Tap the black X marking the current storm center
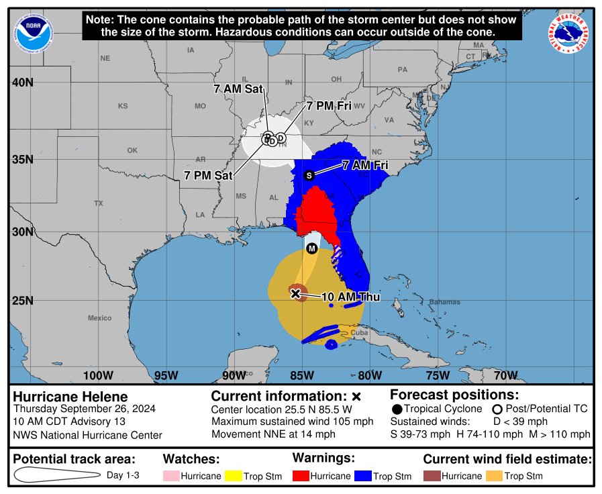(295, 293)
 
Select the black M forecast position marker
(311, 249)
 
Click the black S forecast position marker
(309, 175)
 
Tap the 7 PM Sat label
(208, 175)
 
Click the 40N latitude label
(21, 83)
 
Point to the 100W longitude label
(97, 375)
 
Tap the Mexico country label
(99, 317)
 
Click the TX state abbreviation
(99, 203)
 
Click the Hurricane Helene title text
(70, 397)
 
